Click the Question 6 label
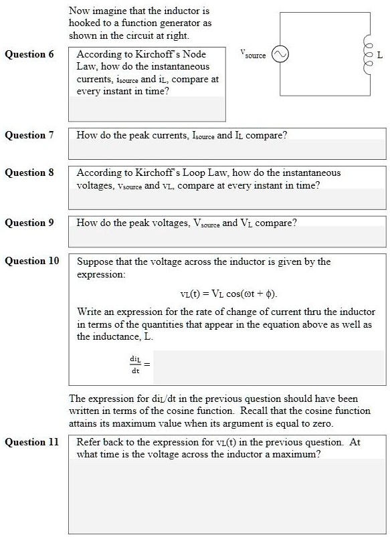click(29, 54)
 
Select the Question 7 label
click(29, 135)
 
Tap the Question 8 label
click(29, 173)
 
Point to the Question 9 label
click(29, 223)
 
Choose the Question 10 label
click(31, 261)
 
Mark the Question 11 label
click(31, 442)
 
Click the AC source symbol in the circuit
click(280, 55)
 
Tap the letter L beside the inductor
click(380, 56)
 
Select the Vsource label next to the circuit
click(254, 53)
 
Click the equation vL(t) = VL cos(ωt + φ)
click(229, 294)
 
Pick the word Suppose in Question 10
click(96, 261)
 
